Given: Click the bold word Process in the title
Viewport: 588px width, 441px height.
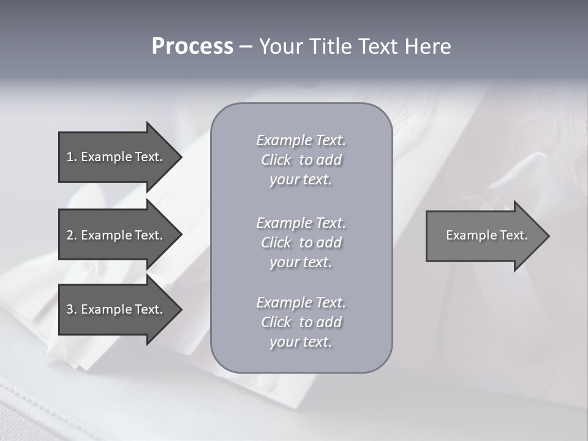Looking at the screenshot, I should coord(192,47).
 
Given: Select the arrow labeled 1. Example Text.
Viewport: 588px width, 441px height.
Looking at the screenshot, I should coord(116,157).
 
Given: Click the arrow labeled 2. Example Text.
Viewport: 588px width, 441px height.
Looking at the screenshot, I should coord(116,235).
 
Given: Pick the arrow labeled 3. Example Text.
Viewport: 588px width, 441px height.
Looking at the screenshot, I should coord(116,309).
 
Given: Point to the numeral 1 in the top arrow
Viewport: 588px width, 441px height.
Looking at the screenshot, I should coord(70,157).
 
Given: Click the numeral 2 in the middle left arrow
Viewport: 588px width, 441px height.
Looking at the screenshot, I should coord(70,235).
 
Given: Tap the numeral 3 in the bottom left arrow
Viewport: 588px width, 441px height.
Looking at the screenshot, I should coord(70,309).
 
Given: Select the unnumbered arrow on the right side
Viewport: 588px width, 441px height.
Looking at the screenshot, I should coord(484,236).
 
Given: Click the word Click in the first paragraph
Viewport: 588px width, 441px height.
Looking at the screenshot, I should coord(276,160).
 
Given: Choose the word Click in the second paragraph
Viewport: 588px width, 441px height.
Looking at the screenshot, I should coord(276,243).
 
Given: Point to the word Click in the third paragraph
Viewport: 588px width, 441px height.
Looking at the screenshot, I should coord(276,322).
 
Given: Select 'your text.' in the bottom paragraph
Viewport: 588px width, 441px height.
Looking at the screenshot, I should coord(301,342).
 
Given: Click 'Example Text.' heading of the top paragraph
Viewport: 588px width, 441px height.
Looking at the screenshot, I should coord(301,140).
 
